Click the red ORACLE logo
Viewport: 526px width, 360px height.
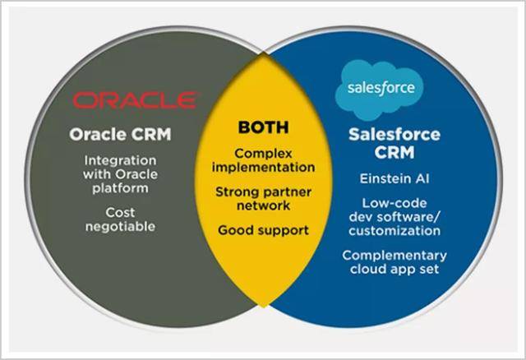click(135, 100)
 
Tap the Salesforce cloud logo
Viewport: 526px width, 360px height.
click(380, 90)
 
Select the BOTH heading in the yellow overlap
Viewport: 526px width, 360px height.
click(263, 127)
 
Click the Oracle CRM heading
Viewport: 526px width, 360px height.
click(120, 135)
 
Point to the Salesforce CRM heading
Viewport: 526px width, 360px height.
click(394, 144)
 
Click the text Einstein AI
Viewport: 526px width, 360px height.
click(394, 178)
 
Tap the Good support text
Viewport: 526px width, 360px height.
click(263, 230)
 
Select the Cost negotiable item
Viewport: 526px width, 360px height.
click(120, 219)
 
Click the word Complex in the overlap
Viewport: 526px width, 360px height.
click(263, 154)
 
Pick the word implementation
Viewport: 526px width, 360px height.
click(263, 167)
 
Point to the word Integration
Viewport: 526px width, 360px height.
click(120, 161)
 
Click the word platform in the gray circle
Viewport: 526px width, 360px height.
click(120, 188)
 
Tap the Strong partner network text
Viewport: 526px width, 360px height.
click(263, 199)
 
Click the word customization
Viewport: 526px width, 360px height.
click(394, 231)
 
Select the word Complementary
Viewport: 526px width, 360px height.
click(394, 256)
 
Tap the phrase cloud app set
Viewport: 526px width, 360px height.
click(394, 269)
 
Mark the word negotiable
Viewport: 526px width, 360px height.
click(120, 227)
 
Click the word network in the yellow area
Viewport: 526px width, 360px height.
click(263, 205)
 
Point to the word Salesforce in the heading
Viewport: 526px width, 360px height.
click(394, 135)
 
